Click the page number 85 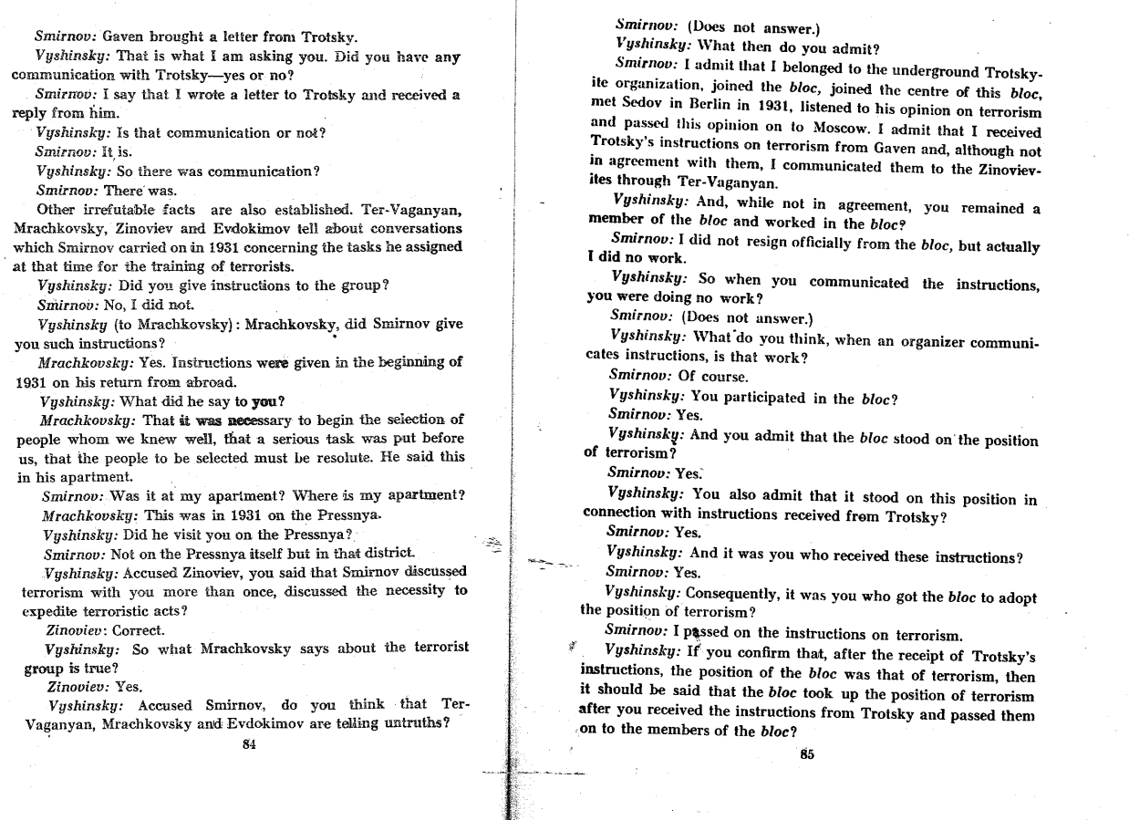click(x=805, y=753)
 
